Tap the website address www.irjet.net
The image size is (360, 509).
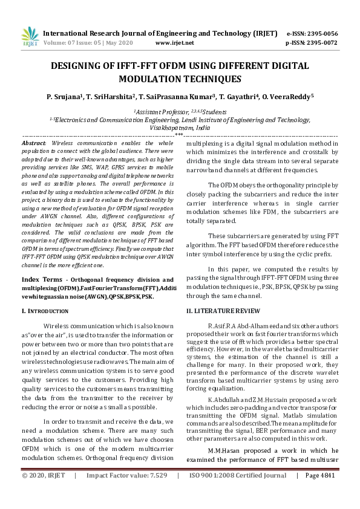pyautogui.click(x=175, y=43)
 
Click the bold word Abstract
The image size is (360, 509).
pyautogui.click(x=34, y=142)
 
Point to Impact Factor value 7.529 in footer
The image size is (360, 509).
pyautogui.click(x=127, y=493)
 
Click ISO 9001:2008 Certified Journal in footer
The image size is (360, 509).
pyautogui.click(x=238, y=493)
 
